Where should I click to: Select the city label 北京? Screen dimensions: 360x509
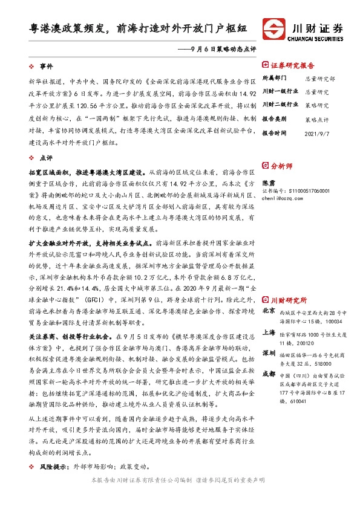coord(269,311)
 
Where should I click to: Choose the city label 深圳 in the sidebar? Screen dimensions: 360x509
coord(269,352)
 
